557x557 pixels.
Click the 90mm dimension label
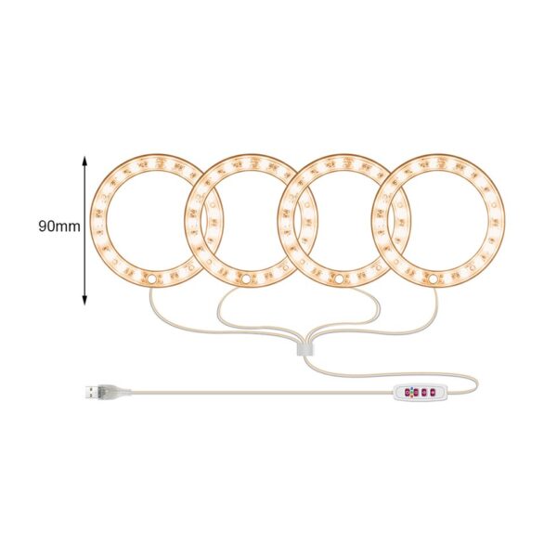tap(59, 226)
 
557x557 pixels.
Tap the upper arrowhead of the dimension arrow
tap(84, 160)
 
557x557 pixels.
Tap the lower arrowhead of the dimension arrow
tap(84, 301)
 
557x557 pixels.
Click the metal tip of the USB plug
tap(91, 392)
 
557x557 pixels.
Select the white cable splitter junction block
tap(305, 349)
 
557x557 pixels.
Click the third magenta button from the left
tap(424, 393)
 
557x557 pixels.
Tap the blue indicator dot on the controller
tap(411, 389)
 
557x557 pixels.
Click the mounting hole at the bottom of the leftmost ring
tap(151, 279)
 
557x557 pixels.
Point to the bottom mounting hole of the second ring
tap(245, 279)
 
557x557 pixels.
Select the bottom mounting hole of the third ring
tap(339, 279)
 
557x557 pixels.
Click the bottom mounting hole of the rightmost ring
tap(433, 279)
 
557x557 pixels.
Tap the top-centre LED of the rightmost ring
tap(440, 162)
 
